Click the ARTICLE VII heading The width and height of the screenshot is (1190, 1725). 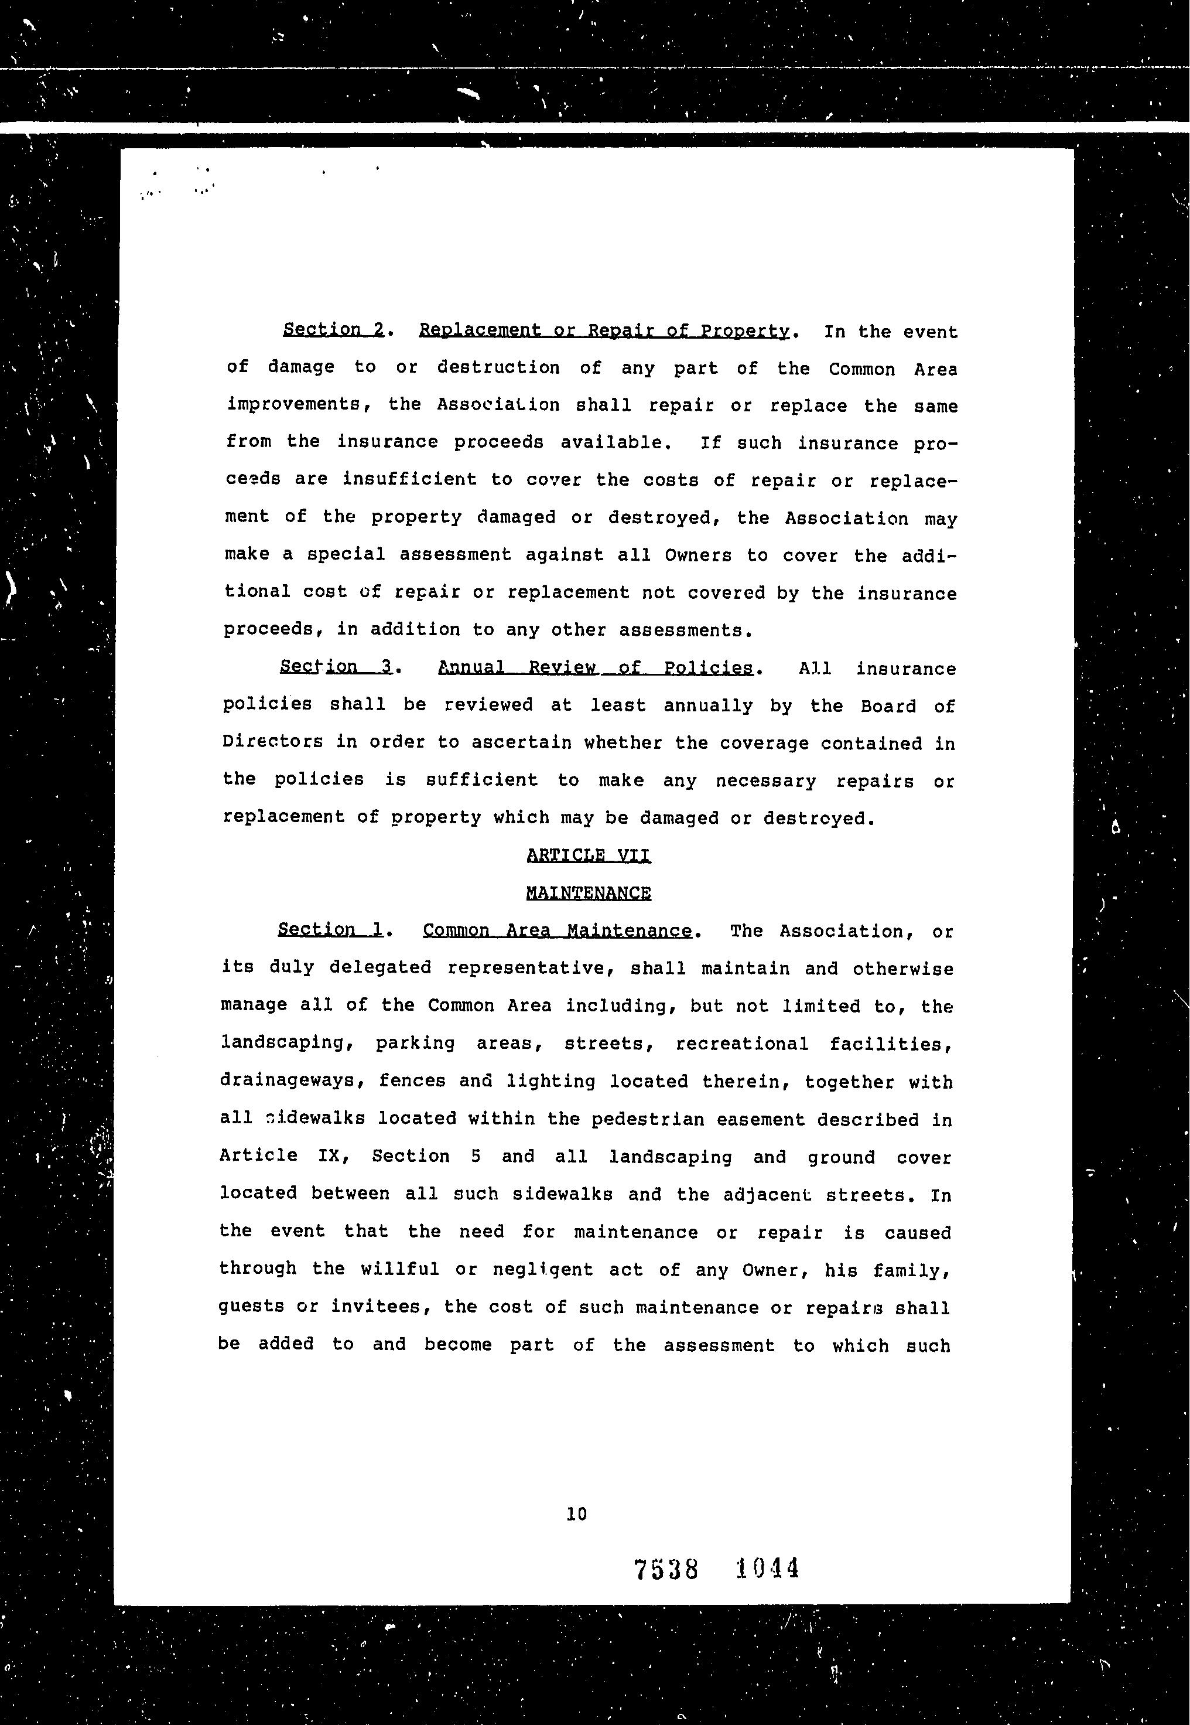pos(589,855)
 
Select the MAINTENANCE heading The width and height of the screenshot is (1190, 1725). pos(589,893)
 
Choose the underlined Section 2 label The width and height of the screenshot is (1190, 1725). pos(333,330)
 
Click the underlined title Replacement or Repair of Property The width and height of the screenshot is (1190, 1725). pos(603,330)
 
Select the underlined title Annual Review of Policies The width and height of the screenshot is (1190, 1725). pos(595,667)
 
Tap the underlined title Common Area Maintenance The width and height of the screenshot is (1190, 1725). pos(557,930)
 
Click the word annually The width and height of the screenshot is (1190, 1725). pos(709,705)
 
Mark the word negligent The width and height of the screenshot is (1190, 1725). pos(543,1269)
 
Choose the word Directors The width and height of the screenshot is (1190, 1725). pos(273,742)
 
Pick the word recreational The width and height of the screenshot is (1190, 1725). pos(742,1044)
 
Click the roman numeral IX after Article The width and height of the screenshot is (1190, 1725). pos(329,1157)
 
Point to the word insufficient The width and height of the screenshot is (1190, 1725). pos(409,479)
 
